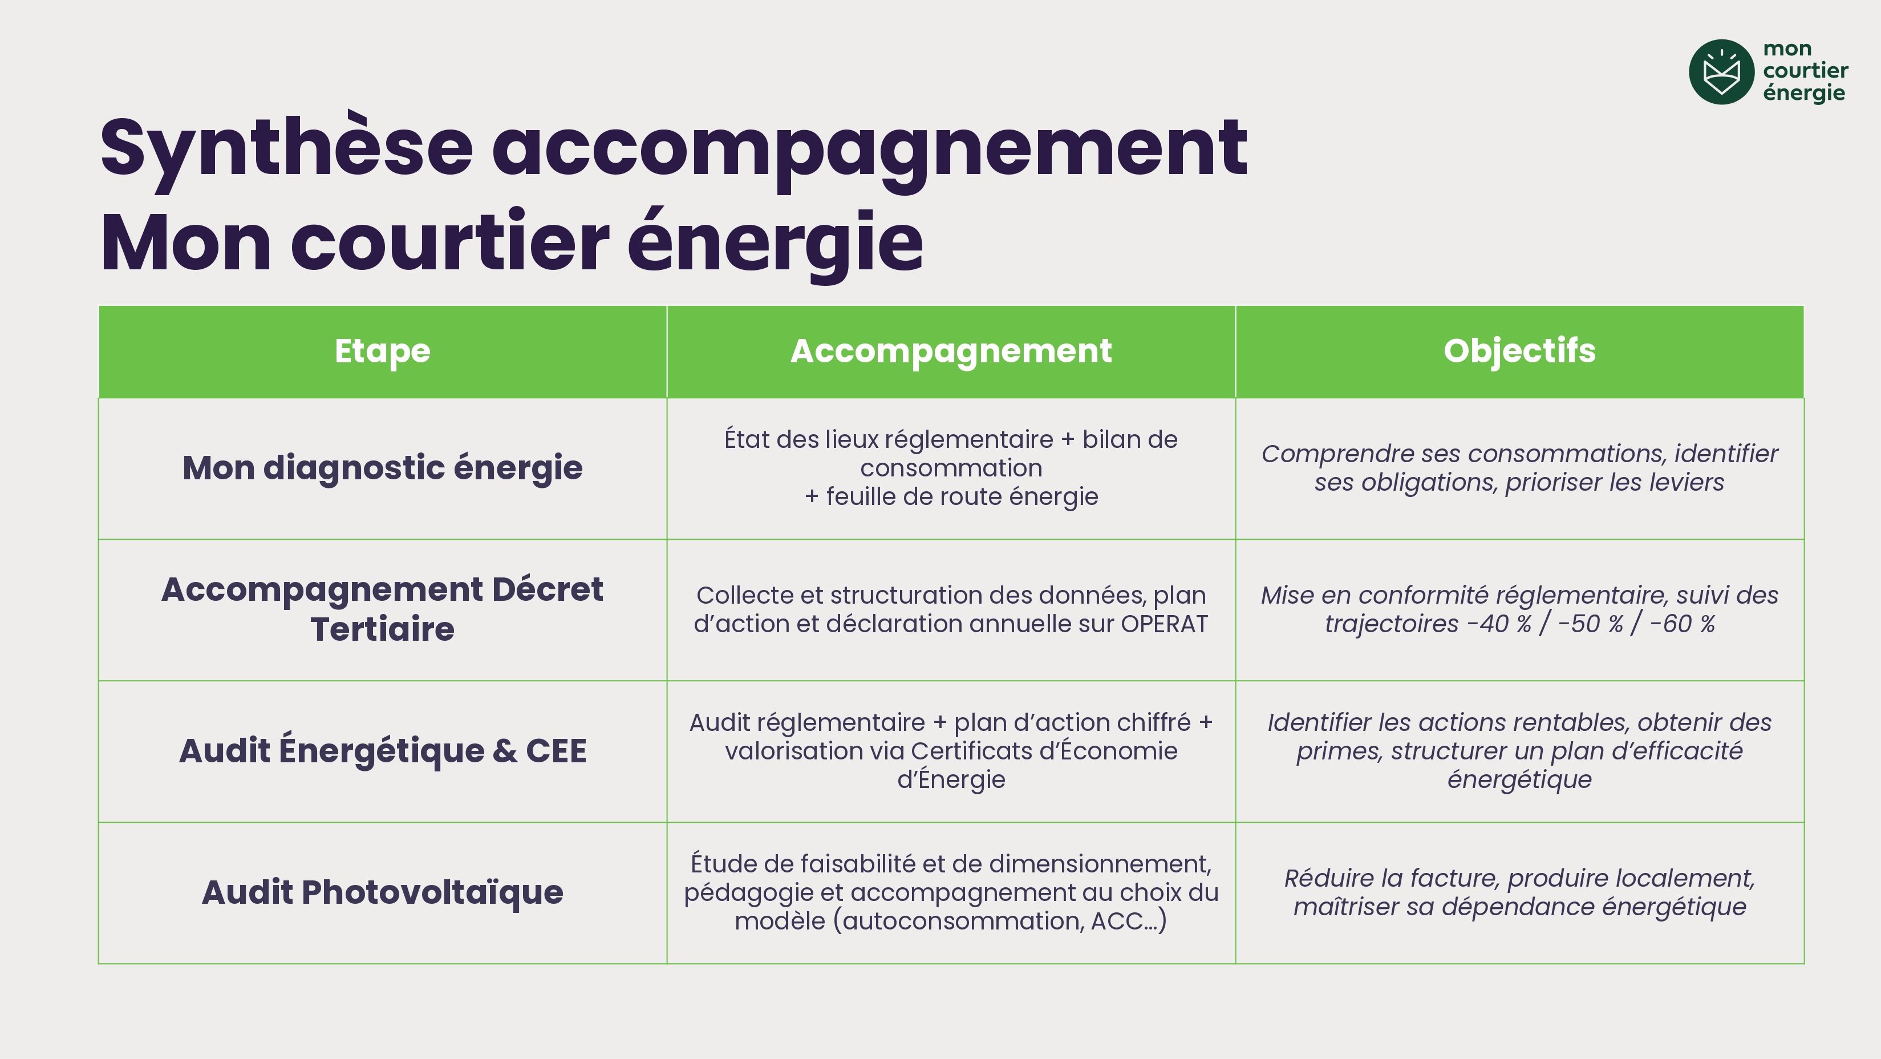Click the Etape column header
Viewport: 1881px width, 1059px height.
coord(383,351)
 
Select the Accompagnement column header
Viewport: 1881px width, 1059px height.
coord(951,351)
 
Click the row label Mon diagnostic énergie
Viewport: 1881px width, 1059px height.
coord(383,468)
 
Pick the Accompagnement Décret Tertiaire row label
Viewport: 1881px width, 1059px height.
coord(383,609)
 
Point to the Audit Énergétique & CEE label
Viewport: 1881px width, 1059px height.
coord(383,751)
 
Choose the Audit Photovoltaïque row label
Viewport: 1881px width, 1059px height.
coord(383,892)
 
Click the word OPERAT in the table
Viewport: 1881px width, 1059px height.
coord(1165,624)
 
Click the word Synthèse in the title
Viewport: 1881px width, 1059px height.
coord(287,149)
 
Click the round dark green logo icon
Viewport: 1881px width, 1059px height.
coord(1721,71)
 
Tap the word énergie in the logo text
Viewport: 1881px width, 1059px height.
coord(1803,94)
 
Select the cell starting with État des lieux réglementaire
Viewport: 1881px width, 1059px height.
coord(951,468)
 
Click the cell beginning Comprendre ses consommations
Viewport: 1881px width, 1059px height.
coord(1519,468)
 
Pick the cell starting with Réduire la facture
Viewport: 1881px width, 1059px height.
coord(1519,892)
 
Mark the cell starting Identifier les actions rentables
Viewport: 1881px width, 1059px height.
coord(1519,751)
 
